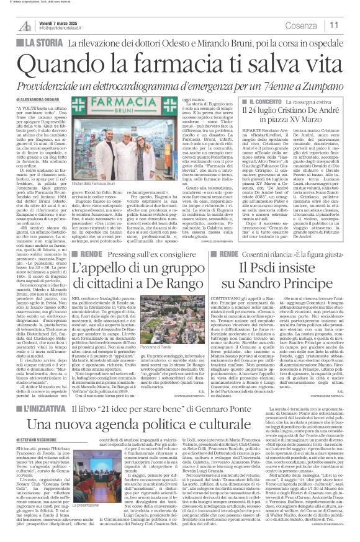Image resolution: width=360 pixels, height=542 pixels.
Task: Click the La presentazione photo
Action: click(x=78, y=496)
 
